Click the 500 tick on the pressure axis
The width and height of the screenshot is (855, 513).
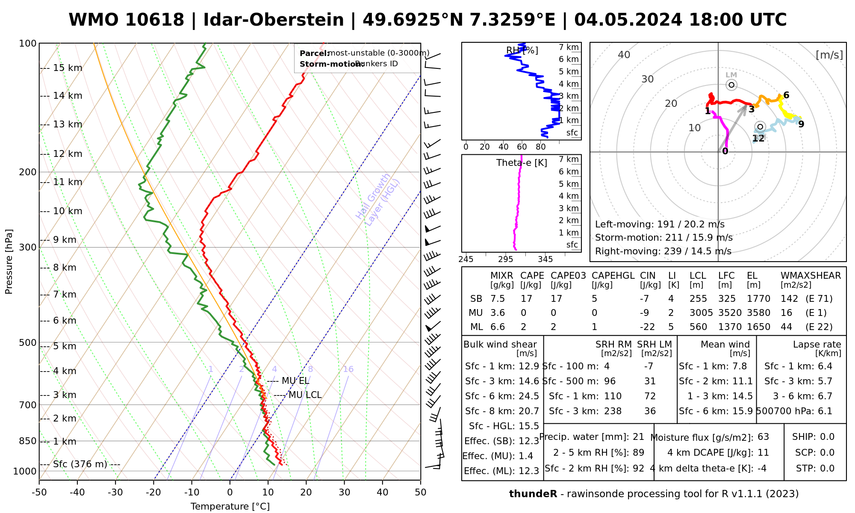coord(28,343)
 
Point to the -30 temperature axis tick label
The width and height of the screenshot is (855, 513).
coord(115,492)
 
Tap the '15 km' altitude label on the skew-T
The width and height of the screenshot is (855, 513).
coord(68,68)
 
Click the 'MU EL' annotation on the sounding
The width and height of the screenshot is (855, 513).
coord(295,381)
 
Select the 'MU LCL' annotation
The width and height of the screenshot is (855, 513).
coord(305,395)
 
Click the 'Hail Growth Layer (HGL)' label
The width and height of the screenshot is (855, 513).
coord(378,199)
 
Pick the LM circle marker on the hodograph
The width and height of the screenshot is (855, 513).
coord(731,85)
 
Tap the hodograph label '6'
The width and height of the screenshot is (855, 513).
coord(786,95)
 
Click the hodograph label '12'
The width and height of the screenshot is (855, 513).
coord(758,138)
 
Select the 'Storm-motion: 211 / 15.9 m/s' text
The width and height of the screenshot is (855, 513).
coord(663,238)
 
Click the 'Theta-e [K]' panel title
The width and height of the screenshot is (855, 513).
coord(522,163)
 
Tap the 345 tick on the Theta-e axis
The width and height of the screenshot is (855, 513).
coord(545,259)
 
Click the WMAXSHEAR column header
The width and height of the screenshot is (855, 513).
coord(811,276)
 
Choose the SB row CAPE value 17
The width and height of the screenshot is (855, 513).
coord(526,299)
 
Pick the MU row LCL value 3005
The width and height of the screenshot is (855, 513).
coord(701,313)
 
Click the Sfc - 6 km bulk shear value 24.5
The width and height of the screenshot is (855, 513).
coord(529,396)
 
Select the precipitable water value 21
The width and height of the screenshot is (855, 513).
coord(638,437)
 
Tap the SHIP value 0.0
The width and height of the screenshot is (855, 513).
coord(827,437)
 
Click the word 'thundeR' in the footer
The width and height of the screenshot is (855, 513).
coord(533,494)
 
